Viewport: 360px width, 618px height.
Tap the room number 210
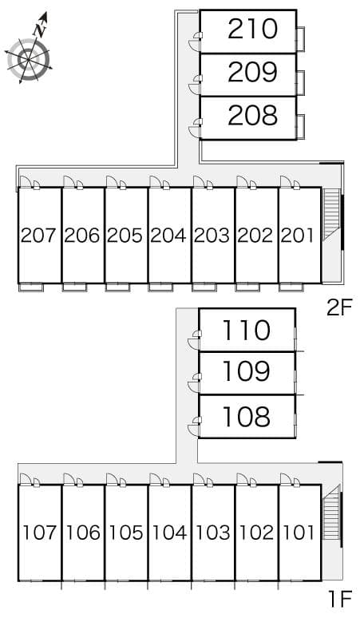252,30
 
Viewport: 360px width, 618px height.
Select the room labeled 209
252,73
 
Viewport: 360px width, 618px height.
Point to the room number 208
252,116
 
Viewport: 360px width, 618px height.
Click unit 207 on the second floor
39,236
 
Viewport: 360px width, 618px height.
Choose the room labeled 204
168,236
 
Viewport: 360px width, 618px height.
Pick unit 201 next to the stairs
299,236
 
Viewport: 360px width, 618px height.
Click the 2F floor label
339,307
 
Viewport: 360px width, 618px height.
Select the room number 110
247,331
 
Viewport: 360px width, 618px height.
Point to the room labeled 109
247,372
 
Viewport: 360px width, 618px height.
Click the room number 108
247,416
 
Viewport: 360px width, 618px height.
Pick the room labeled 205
125,236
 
